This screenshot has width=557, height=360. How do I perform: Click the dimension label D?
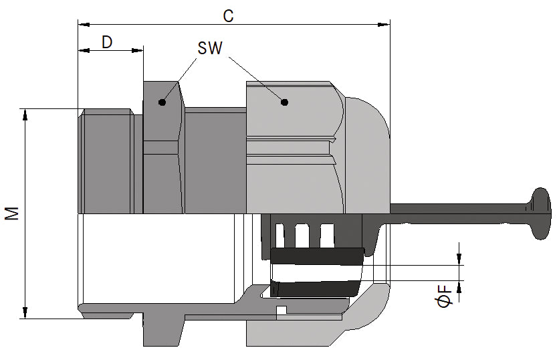click(x=107, y=42)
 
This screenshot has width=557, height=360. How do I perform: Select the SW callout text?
click(x=210, y=49)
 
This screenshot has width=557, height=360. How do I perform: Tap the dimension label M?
click(x=12, y=213)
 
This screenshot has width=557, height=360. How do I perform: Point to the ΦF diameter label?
click(x=444, y=294)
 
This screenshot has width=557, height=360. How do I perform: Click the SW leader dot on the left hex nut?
click(x=161, y=102)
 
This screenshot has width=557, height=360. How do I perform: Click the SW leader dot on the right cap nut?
click(x=284, y=102)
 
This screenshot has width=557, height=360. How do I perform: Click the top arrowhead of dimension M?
click(x=25, y=114)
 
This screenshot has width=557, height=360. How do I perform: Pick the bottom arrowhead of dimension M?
click(x=25, y=312)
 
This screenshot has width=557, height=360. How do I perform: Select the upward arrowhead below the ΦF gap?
click(x=460, y=286)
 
